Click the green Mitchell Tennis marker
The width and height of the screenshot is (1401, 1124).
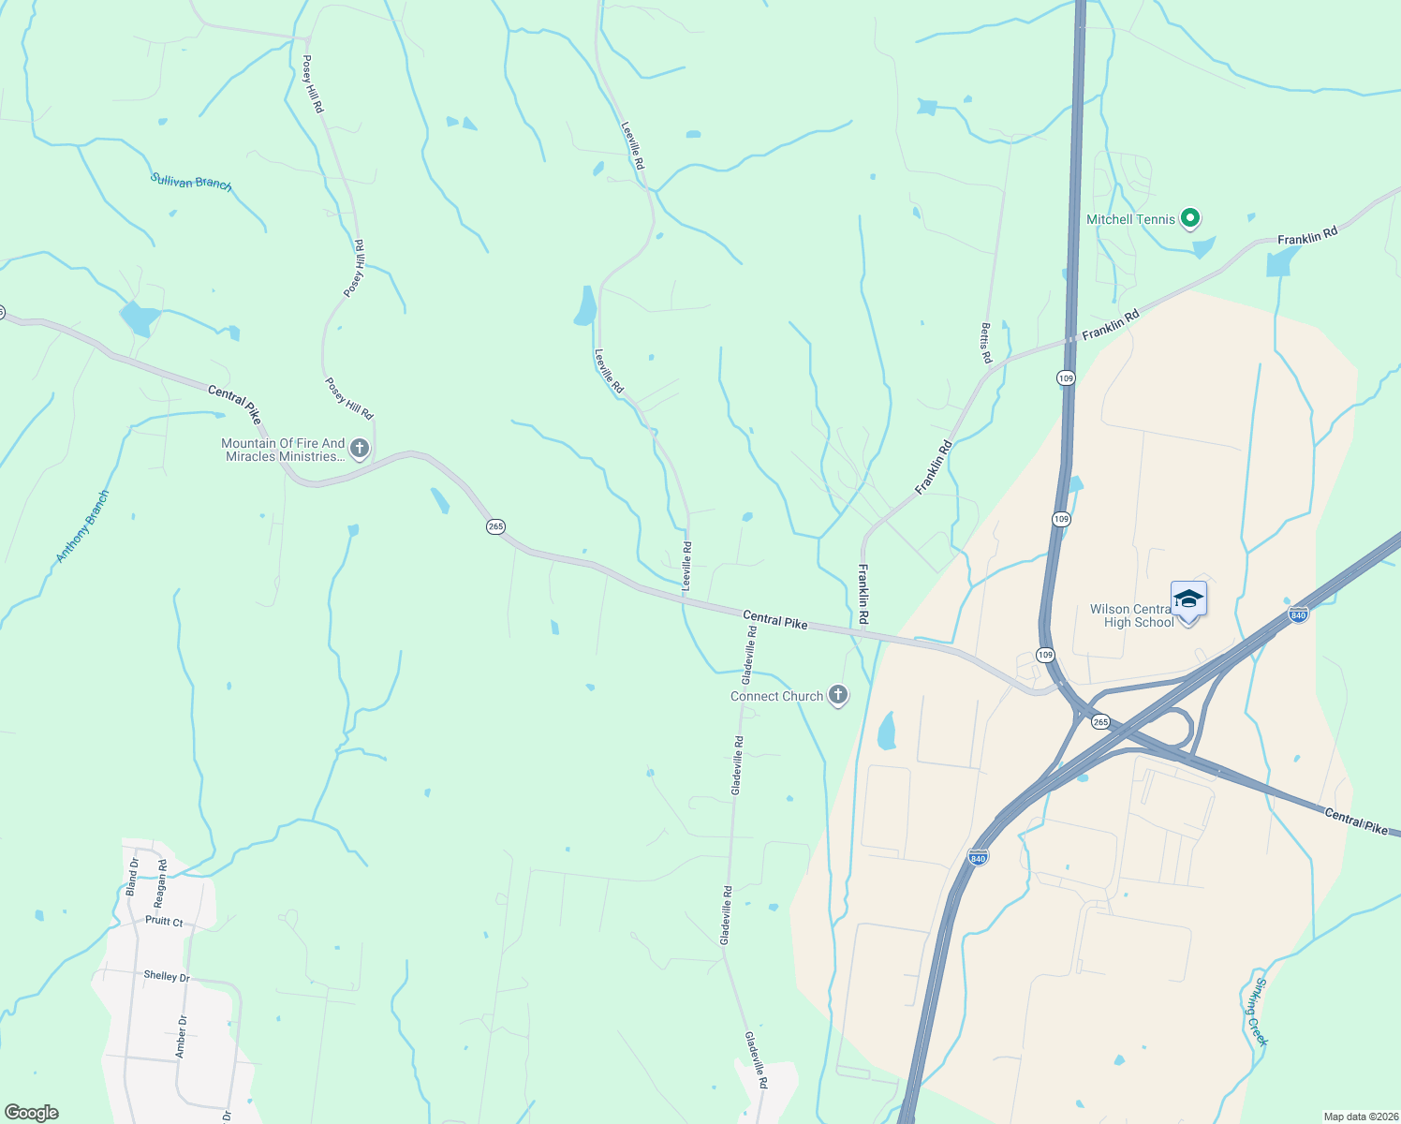pyautogui.click(x=1190, y=219)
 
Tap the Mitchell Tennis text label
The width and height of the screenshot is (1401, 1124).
pyautogui.click(x=1129, y=219)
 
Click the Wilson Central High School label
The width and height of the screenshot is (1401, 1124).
pyautogui.click(x=1131, y=615)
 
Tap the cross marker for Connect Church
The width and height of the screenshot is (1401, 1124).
pyautogui.click(x=838, y=695)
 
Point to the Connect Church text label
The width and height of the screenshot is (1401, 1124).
pyautogui.click(x=776, y=696)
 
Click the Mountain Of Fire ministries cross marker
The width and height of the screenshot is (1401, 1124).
pyautogui.click(x=360, y=449)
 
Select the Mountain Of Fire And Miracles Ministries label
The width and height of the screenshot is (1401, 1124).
pyautogui.click(x=283, y=450)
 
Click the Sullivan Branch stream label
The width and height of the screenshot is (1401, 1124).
pyautogui.click(x=191, y=181)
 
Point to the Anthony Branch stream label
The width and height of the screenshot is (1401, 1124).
pyautogui.click(x=82, y=526)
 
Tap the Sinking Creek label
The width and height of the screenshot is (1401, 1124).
pyautogui.click(x=1255, y=1012)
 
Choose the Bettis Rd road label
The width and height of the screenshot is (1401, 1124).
pyautogui.click(x=985, y=343)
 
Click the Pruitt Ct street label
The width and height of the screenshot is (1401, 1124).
pyautogui.click(x=164, y=921)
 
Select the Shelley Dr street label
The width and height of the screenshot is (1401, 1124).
pyautogui.click(x=167, y=976)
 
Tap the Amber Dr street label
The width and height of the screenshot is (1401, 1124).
pyautogui.click(x=182, y=1037)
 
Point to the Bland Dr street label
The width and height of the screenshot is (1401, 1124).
pyautogui.click(x=132, y=877)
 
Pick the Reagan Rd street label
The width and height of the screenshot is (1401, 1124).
pyautogui.click(x=160, y=883)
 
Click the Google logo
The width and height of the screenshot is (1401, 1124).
pyautogui.click(x=31, y=1112)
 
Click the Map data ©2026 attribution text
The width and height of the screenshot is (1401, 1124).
pyautogui.click(x=1360, y=1117)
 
